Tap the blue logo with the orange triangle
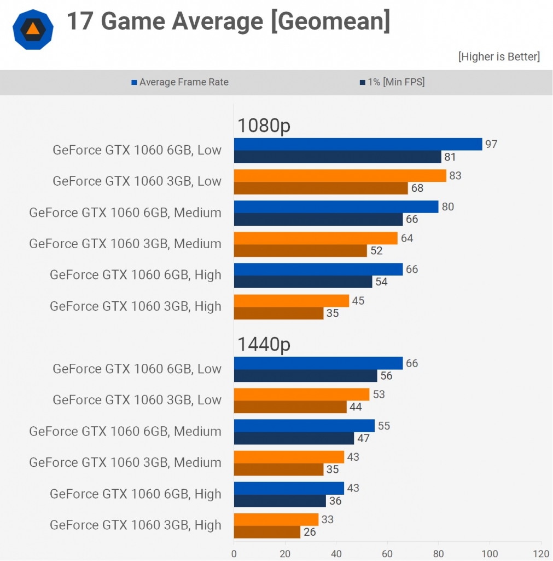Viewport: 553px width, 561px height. point(33,29)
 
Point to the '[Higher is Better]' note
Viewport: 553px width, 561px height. point(499,56)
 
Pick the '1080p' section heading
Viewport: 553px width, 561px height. point(264,125)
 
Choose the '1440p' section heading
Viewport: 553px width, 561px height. point(264,344)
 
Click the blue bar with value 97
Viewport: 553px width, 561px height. point(358,144)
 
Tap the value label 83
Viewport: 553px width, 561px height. point(455,175)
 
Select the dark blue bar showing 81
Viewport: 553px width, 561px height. point(337,157)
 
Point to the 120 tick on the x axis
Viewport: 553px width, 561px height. point(541,553)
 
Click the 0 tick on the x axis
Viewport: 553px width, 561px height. point(234,553)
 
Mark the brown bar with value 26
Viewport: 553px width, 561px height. point(267,531)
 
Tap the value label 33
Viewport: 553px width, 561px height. point(328,519)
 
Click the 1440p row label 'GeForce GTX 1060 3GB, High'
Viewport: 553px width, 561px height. point(136,525)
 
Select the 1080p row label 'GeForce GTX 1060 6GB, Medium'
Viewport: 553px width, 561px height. point(125,213)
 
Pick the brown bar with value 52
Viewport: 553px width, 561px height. point(300,250)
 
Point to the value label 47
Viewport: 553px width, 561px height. point(363,438)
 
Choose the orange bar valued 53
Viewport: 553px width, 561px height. point(301,394)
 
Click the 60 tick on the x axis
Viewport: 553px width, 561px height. point(387,553)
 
